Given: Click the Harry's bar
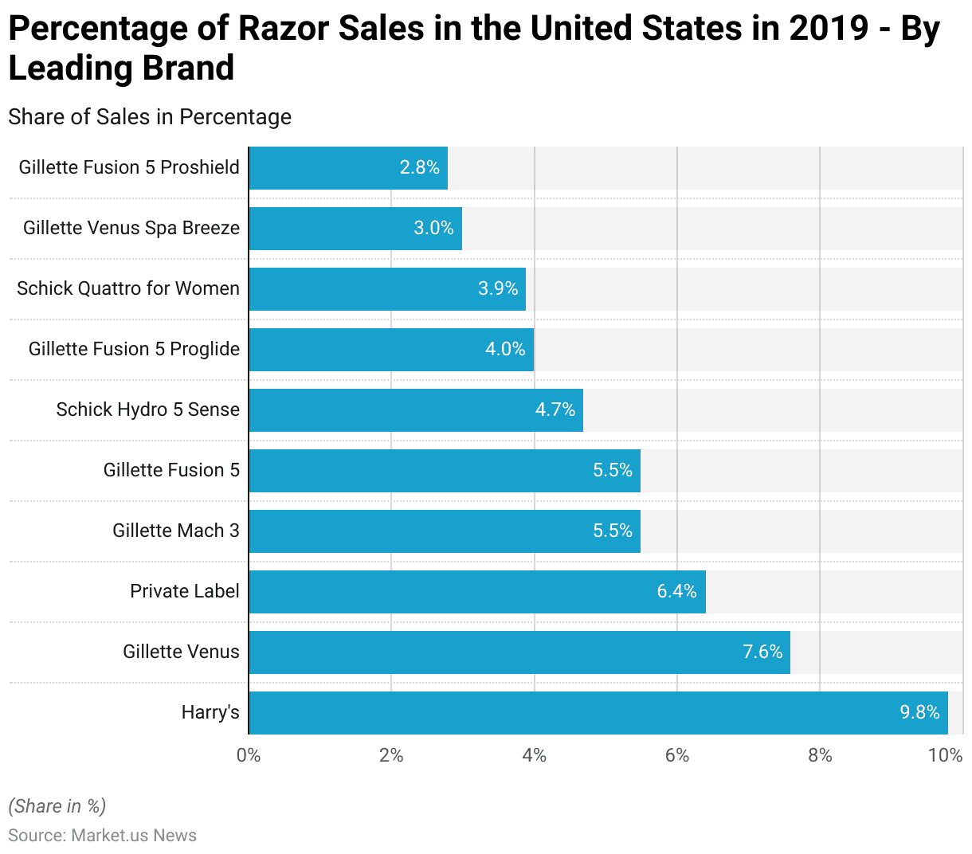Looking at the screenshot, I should click(598, 713).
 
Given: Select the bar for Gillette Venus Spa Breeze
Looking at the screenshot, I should click(355, 229).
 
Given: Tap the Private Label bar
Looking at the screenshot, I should click(476, 592).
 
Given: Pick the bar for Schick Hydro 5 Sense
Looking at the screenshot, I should click(415, 410).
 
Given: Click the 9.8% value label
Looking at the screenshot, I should click(919, 712).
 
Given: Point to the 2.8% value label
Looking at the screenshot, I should click(420, 167).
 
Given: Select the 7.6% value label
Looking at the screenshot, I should click(762, 652).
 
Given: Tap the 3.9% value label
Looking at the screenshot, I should click(498, 288).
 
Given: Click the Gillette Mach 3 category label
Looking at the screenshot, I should click(175, 531).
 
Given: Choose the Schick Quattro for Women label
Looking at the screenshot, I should click(128, 288).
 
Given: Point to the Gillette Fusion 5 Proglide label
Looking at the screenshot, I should click(134, 349).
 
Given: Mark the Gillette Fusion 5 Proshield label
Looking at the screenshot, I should click(129, 167).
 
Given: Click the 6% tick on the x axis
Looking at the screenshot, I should click(677, 755).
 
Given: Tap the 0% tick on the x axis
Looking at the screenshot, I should click(249, 755).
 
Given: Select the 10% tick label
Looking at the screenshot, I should click(946, 755).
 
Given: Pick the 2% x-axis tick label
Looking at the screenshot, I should click(391, 755).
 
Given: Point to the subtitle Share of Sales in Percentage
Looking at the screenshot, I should click(150, 117).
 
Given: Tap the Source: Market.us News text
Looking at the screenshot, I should click(102, 835).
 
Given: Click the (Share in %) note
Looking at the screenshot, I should click(57, 806).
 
